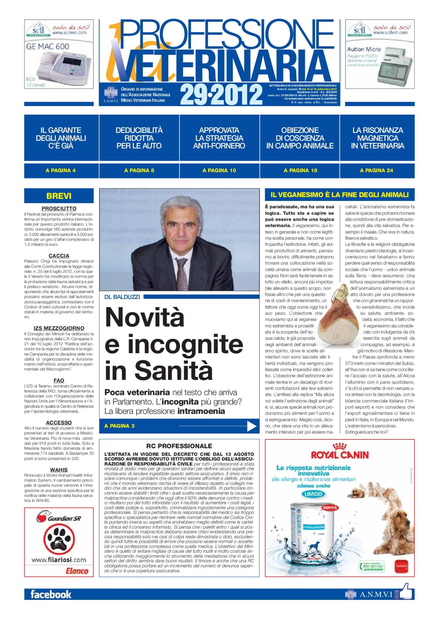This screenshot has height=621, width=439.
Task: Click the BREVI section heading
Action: pyautogui.click(x=59, y=196)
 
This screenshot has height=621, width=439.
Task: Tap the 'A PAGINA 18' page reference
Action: pyautogui.click(x=300, y=171)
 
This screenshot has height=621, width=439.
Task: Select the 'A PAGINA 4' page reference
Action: pyautogui.click(x=61, y=171)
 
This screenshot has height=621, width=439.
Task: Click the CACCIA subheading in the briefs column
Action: pyautogui.click(x=59, y=256)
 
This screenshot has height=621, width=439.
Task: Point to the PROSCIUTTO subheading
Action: pyautogui.click(x=59, y=208)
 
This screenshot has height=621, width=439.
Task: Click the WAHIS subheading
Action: pyautogui.click(x=59, y=470)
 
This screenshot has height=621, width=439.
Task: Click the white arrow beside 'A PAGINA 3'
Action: pyautogui.click(x=252, y=426)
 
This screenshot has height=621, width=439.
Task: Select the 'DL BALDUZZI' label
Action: pyautogui.click(x=122, y=297)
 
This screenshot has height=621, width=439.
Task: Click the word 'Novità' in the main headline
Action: pyautogui.click(x=145, y=318)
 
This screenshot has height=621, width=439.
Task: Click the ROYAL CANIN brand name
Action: pyautogui.click(x=340, y=455)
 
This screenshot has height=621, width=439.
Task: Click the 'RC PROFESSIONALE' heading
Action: pyautogui.click(x=179, y=446)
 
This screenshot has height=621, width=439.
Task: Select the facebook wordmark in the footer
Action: pyautogui.click(x=51, y=594)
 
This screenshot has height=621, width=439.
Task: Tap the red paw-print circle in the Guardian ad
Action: pyautogui.click(x=59, y=539)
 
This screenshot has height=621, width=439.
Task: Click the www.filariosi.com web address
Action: pyautogui.click(x=59, y=560)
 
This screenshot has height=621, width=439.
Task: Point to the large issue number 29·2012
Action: pyautogui.click(x=221, y=95)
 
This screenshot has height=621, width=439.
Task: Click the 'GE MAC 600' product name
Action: pyautogui.click(x=48, y=47)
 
